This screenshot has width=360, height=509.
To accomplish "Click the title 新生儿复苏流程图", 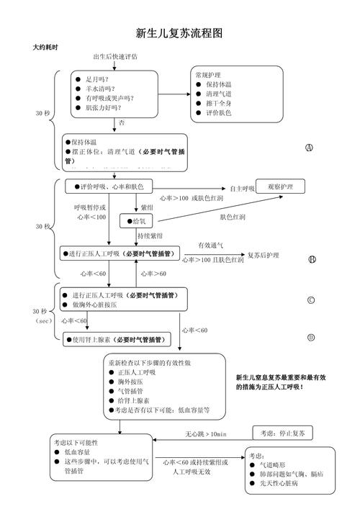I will (x=179, y=33).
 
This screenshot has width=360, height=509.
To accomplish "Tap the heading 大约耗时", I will (x=45, y=47).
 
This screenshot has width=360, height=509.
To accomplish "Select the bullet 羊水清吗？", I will (x=103, y=89).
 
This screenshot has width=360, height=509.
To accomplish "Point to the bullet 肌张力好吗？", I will (x=105, y=107).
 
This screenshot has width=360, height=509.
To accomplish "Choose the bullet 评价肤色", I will (x=218, y=113).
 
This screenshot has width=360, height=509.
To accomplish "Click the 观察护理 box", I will (x=280, y=186).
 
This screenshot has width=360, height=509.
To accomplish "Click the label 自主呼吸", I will (x=243, y=188).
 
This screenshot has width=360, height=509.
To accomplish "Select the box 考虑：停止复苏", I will (x=283, y=433).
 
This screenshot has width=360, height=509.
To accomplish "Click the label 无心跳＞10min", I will (x=206, y=434).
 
